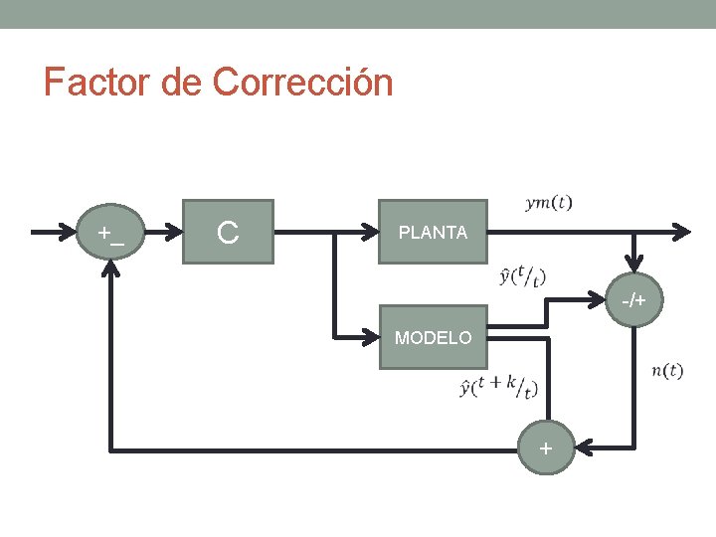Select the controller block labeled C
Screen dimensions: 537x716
pyautogui.click(x=228, y=232)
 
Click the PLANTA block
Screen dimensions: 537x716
pyautogui.click(x=433, y=232)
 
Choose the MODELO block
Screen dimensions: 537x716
pyautogui.click(x=433, y=337)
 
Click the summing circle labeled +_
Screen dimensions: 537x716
pyautogui.click(x=110, y=233)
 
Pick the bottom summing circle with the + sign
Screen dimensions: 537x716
pyautogui.click(x=545, y=448)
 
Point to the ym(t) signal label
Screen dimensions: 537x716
pyautogui.click(x=548, y=203)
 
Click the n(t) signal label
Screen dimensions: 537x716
pyautogui.click(x=666, y=371)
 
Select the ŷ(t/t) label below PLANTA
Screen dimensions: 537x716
pyautogui.click(x=523, y=275)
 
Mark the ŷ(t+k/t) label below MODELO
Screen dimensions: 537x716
pyautogui.click(x=498, y=386)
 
